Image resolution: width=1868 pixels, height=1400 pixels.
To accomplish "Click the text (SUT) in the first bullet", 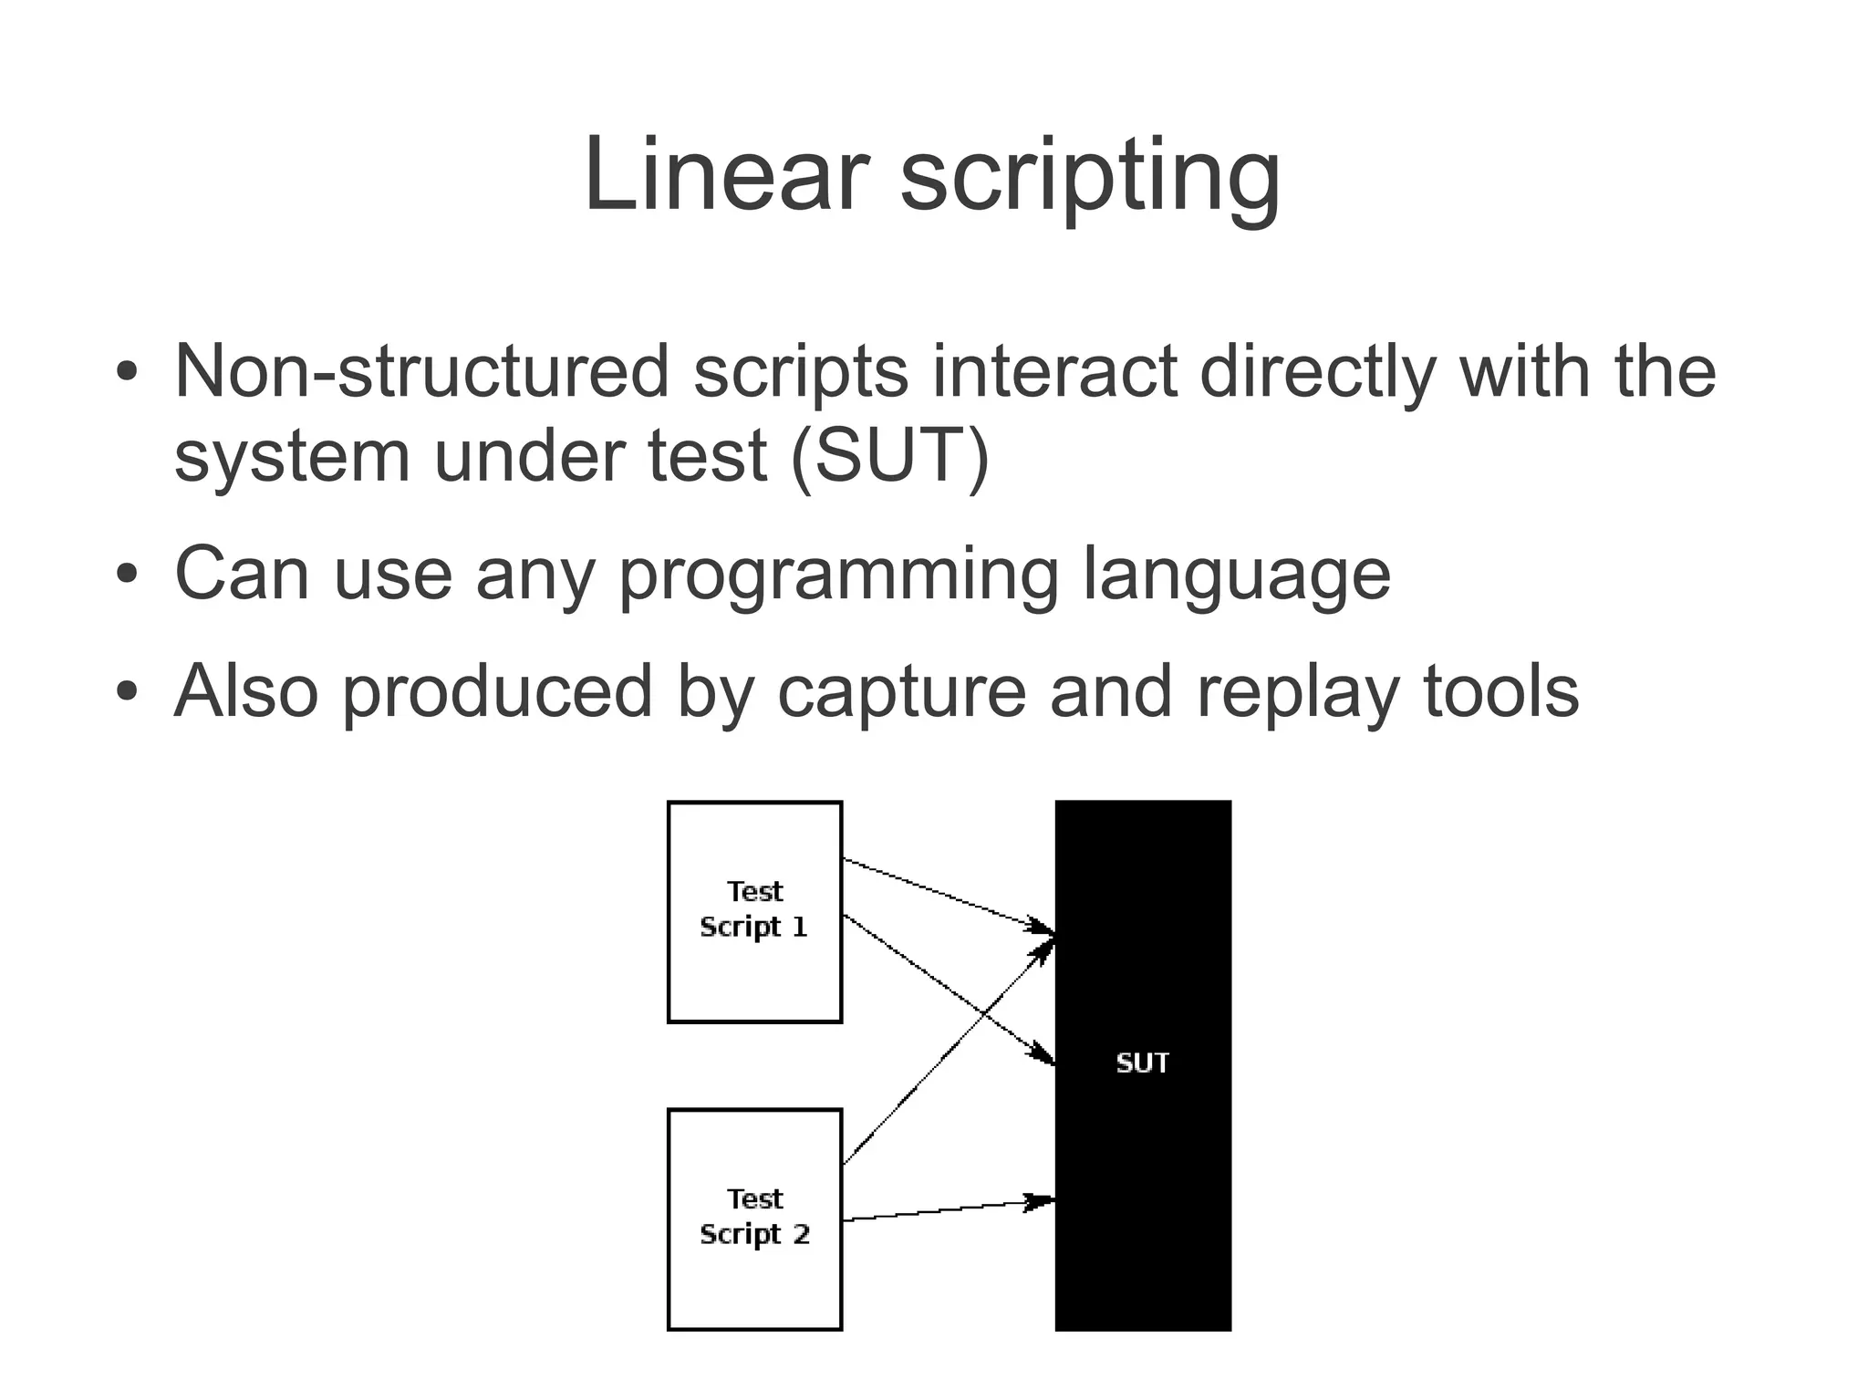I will click(890, 456).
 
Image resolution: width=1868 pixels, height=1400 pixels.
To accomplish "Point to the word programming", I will click(839, 576).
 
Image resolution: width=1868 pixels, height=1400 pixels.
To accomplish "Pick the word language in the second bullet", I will click(1236, 576).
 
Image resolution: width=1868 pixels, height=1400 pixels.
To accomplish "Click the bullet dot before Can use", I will click(127, 574).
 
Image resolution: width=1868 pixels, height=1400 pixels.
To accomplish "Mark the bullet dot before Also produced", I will click(127, 691).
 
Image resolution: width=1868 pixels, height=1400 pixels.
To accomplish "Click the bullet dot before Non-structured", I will click(127, 371).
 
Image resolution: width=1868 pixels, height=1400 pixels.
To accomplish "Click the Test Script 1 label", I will click(754, 909).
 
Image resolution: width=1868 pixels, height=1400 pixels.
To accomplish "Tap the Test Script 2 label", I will click(754, 1217).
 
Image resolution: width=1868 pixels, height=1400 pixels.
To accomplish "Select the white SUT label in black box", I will click(1142, 1063).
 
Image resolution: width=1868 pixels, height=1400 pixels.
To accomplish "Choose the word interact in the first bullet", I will click(1054, 371).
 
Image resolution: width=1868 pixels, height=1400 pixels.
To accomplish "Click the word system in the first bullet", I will click(292, 456).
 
